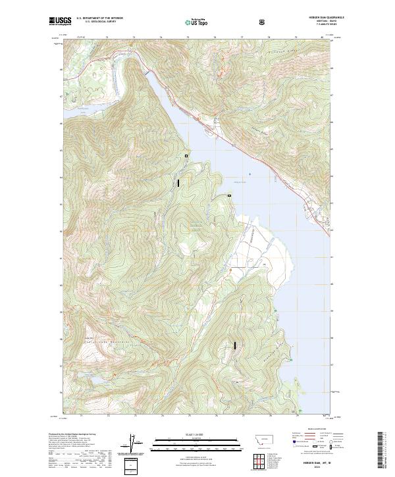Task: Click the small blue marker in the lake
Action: click(250, 174)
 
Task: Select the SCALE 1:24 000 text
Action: click(188, 434)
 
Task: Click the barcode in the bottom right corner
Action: click(381, 452)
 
